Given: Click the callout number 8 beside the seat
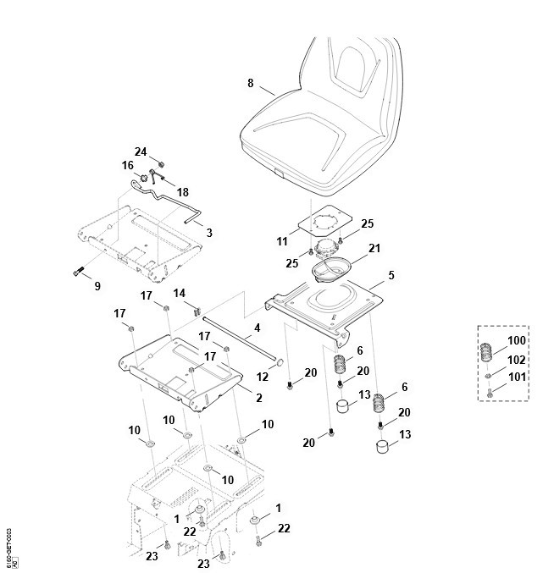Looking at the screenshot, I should (x=250, y=83).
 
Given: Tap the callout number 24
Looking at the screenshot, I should (x=141, y=152).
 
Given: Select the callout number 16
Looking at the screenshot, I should (x=128, y=166).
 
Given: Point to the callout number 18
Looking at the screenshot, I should (x=182, y=192).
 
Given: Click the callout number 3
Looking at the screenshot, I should (x=209, y=232).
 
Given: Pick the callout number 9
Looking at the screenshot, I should (x=97, y=286).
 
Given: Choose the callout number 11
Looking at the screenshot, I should (x=282, y=242).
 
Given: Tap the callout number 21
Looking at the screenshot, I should (x=374, y=249).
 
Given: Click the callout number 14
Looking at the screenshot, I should (x=180, y=293).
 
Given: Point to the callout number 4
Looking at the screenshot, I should (x=258, y=327).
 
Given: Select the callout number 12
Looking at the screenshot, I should (x=263, y=374).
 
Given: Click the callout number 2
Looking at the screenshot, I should (x=258, y=398).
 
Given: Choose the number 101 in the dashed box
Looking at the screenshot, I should (x=517, y=377).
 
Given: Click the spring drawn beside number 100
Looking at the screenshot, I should (x=491, y=351).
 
